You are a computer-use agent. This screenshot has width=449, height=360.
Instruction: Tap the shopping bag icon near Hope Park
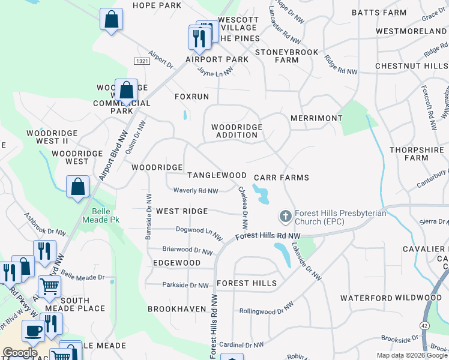[111, 19]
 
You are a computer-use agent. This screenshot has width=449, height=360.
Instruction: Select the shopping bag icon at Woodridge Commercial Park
[126, 91]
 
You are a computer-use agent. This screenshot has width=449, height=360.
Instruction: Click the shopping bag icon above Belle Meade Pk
[77, 187]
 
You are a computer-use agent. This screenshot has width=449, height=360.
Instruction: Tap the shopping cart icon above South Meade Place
[49, 287]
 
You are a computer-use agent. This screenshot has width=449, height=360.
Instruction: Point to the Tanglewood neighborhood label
[217, 175]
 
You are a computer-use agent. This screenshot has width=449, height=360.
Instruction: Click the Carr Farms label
[281, 178]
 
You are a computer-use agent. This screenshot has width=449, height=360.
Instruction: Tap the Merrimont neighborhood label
[316, 119]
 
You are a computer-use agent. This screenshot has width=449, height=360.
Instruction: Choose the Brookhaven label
[177, 309]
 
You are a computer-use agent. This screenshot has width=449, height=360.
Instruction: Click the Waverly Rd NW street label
[196, 191]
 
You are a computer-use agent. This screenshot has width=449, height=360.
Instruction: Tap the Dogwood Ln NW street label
[195, 230]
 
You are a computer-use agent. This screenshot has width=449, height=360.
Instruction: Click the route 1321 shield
[142, 61]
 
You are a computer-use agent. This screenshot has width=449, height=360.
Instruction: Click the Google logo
[20, 353]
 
